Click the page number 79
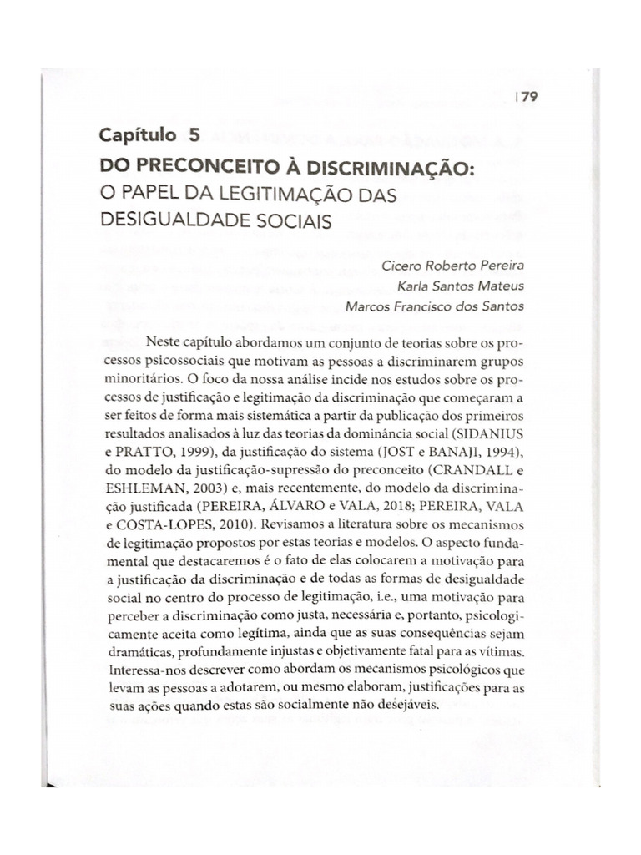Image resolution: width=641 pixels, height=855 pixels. click(x=532, y=96)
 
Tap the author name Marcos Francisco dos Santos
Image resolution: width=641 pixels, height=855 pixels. click(x=435, y=306)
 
